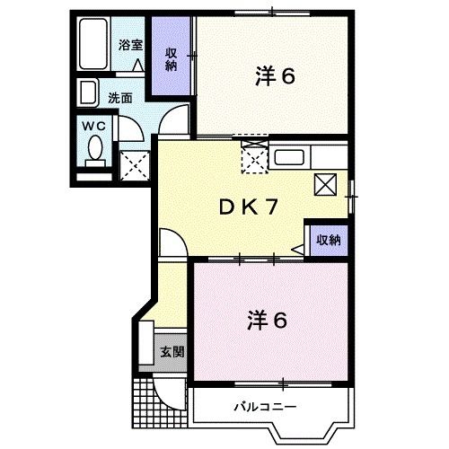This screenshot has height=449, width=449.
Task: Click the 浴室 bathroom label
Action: (x=130, y=46)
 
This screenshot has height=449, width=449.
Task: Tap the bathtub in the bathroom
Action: (x=92, y=44)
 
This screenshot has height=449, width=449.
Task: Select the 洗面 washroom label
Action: (x=120, y=98)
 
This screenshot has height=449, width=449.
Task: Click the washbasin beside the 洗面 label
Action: (x=88, y=92)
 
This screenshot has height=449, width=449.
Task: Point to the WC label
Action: (x=93, y=126)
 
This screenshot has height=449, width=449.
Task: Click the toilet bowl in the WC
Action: (x=95, y=149)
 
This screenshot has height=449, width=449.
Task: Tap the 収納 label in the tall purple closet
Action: (x=172, y=60)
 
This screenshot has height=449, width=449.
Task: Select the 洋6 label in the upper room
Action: (x=275, y=76)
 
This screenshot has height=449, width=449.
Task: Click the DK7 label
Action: (x=248, y=207)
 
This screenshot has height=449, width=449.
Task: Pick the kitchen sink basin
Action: (x=289, y=157)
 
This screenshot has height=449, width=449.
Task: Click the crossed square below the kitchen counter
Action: (x=325, y=184)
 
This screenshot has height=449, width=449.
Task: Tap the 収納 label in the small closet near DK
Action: (x=329, y=240)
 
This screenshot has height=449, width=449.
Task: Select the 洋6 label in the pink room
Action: (x=267, y=321)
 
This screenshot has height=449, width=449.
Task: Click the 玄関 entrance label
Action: (x=172, y=352)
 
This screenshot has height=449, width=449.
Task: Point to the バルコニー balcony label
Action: (x=266, y=407)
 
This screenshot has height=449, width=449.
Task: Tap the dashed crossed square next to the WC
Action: (x=135, y=165)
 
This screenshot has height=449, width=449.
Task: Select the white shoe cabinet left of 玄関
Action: (x=146, y=343)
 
